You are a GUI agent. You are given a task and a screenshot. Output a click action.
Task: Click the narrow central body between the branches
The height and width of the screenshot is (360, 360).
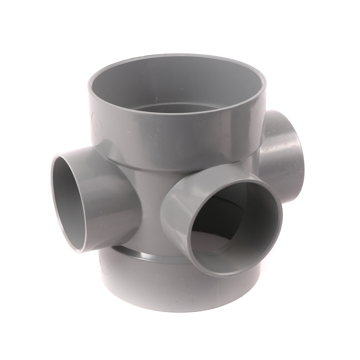[144, 202]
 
